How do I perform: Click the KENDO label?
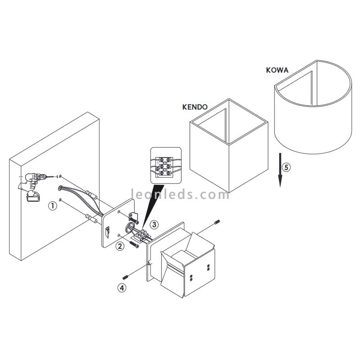pyautogui.click(x=195, y=107)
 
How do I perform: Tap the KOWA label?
pyautogui.click(x=277, y=70)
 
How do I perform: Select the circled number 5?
pyautogui.click(x=286, y=167)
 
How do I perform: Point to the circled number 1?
pyautogui.click(x=53, y=206)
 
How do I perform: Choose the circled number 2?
pyautogui.click(x=120, y=246)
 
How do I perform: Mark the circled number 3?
pyautogui.click(x=154, y=224)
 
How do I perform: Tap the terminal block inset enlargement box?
pyautogui.click(x=166, y=165)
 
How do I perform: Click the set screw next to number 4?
pyautogui.click(x=126, y=276)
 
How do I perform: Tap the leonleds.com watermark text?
pyautogui.click(x=180, y=195)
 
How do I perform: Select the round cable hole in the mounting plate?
pyautogui.click(x=130, y=226)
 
